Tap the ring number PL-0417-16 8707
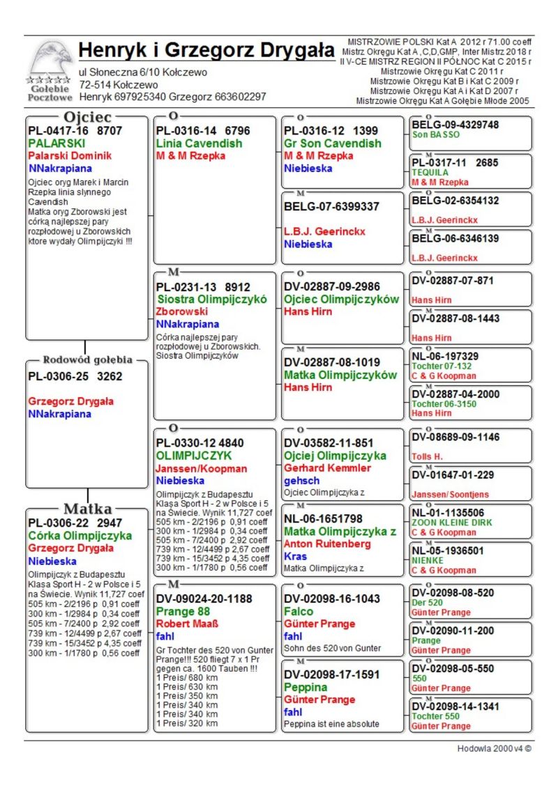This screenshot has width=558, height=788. coord(75,130)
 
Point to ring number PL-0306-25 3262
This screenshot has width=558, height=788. coord(75,377)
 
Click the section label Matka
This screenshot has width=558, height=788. coord(88,509)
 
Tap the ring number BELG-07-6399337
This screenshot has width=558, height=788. coord(331,206)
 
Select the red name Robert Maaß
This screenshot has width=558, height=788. coord(187,624)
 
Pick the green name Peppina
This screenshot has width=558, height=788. coord(306,687)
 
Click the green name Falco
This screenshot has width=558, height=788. coord(299,611)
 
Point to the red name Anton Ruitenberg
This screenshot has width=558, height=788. coord(327,544)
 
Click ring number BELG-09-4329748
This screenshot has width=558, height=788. coord(455,125)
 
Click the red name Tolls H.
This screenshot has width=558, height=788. coord(428,456)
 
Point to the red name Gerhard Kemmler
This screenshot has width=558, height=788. coord(327,468)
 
